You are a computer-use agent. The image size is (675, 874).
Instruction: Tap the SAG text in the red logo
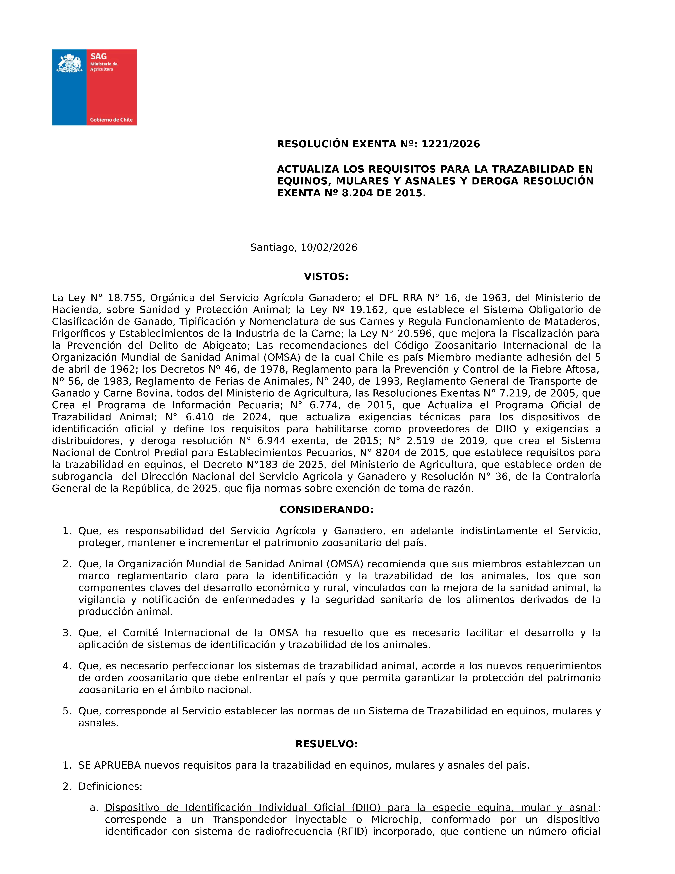click(98, 56)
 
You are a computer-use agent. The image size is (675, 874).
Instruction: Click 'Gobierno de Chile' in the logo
click(111, 120)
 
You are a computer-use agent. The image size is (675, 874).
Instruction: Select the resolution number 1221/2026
click(451, 144)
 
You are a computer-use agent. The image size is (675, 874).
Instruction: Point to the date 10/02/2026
click(329, 248)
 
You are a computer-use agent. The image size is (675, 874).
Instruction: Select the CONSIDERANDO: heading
click(326, 510)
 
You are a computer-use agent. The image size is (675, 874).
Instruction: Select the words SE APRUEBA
click(110, 765)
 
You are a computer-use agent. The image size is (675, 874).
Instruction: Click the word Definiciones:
click(110, 786)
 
